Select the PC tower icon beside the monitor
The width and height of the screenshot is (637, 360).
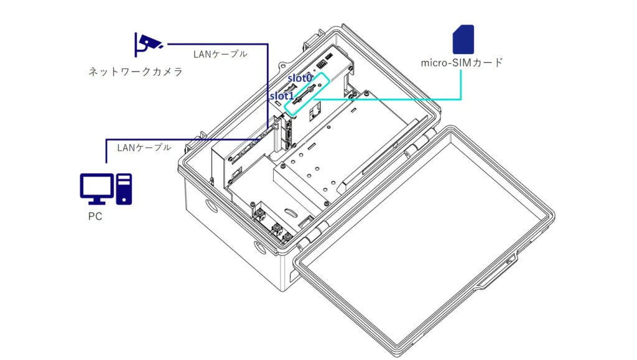click(x=124, y=188)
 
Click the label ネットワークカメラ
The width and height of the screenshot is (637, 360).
click(x=136, y=72)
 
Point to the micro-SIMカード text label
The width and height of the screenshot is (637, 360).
click(x=462, y=62)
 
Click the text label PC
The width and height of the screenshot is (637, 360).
click(x=95, y=217)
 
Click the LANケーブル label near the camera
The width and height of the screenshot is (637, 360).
click(x=220, y=54)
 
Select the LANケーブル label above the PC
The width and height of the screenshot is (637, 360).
click(x=144, y=147)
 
